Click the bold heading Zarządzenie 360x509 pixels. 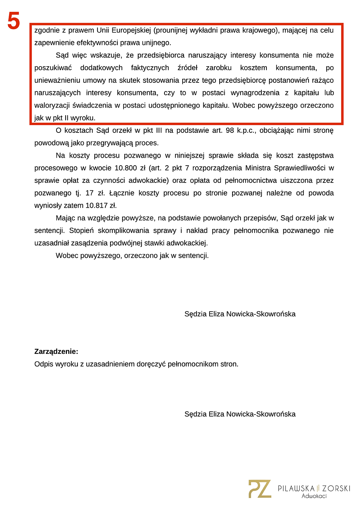[56, 351]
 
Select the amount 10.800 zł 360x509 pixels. [130, 168]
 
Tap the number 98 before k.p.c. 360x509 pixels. [230, 130]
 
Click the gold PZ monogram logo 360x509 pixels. [260, 488]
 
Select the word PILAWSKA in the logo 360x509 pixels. [296, 488]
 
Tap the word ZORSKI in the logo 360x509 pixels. [336, 488]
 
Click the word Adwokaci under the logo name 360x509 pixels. [314, 496]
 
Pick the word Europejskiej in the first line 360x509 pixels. [131, 30]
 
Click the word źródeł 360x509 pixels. [187, 68]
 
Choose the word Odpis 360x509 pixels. [43, 364]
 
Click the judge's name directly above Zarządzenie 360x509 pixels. [240, 314]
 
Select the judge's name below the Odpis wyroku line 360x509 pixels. [240, 414]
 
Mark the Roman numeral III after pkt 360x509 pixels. [159, 130]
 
